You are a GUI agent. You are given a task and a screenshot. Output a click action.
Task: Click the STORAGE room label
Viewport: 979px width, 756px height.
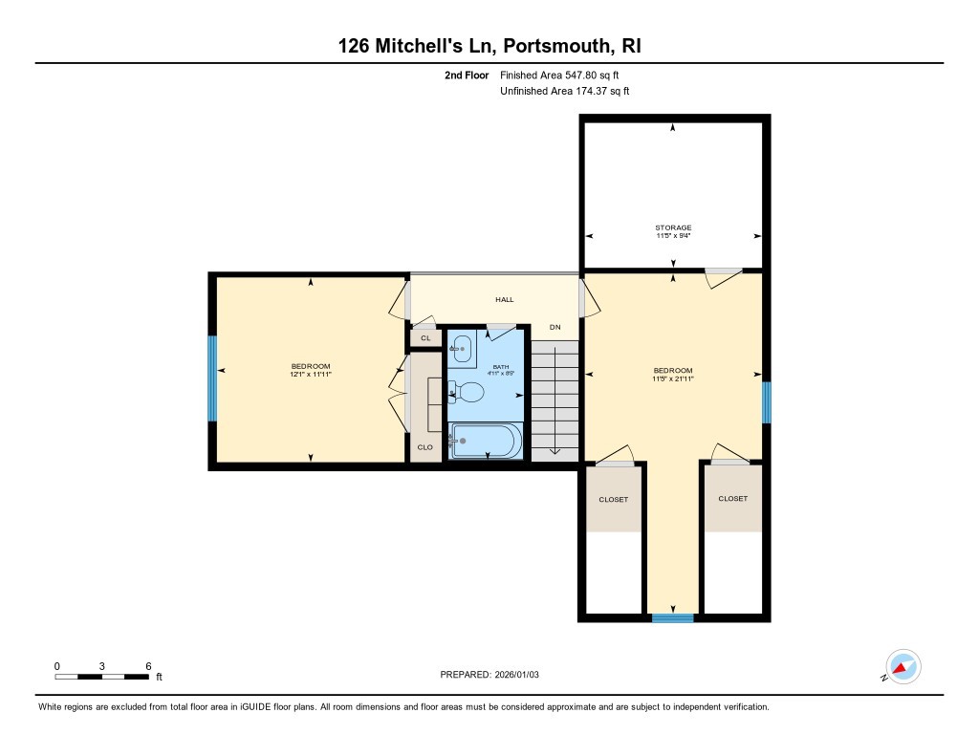tap(673, 227)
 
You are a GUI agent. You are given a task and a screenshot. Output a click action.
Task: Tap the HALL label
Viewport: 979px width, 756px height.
tap(504, 300)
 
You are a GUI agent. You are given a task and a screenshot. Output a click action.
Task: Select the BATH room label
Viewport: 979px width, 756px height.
tap(501, 367)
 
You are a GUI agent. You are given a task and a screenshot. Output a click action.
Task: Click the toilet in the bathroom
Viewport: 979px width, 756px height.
tap(468, 391)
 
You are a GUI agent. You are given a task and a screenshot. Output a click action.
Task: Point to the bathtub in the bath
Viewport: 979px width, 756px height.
tap(486, 442)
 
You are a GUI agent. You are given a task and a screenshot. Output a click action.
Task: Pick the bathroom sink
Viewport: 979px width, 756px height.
tap(462, 349)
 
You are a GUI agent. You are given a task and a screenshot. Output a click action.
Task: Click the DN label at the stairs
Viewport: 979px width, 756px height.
tap(555, 328)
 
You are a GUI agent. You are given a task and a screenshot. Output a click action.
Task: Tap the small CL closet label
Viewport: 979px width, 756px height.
tap(425, 338)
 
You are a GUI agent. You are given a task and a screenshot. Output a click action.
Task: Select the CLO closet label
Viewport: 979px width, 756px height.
tap(425, 446)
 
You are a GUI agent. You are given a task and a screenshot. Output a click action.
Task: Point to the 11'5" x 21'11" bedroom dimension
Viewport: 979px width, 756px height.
tap(673, 378)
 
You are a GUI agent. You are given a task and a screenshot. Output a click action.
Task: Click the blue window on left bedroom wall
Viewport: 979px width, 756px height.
tap(212, 378)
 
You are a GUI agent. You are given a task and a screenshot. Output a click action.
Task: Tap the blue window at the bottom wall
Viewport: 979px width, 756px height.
tap(672, 618)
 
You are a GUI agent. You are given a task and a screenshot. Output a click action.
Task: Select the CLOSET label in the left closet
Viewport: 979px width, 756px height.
tap(613, 499)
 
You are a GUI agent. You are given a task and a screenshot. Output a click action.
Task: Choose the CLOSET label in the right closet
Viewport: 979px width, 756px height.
tap(733, 499)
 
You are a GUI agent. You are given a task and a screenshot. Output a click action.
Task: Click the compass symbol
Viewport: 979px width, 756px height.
tap(903, 666)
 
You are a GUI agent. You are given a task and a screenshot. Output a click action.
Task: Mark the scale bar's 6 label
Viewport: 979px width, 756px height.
tap(148, 665)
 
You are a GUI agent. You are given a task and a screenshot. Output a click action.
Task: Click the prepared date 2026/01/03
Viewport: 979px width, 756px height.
tap(525, 675)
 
